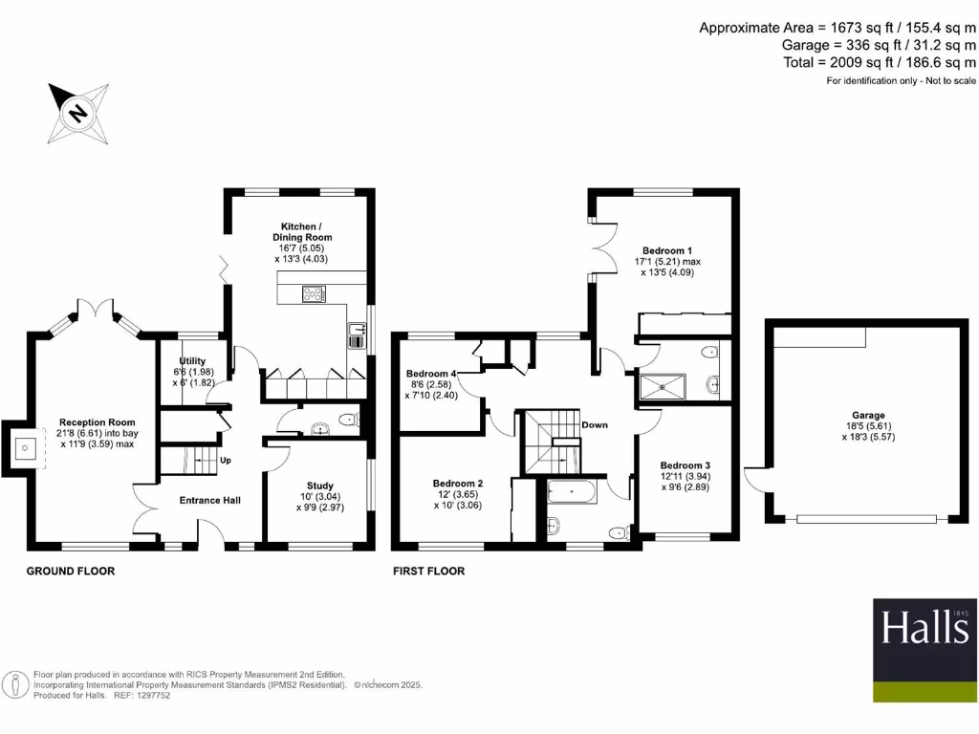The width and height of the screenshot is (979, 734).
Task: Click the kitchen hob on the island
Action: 314,294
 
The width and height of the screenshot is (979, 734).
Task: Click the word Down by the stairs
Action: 595,424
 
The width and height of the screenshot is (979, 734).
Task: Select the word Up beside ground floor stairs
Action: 225,460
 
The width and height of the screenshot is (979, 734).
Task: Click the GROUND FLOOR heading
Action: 70,572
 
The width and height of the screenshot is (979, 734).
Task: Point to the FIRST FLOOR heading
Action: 428,572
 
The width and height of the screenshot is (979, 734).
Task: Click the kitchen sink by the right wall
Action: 355,336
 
